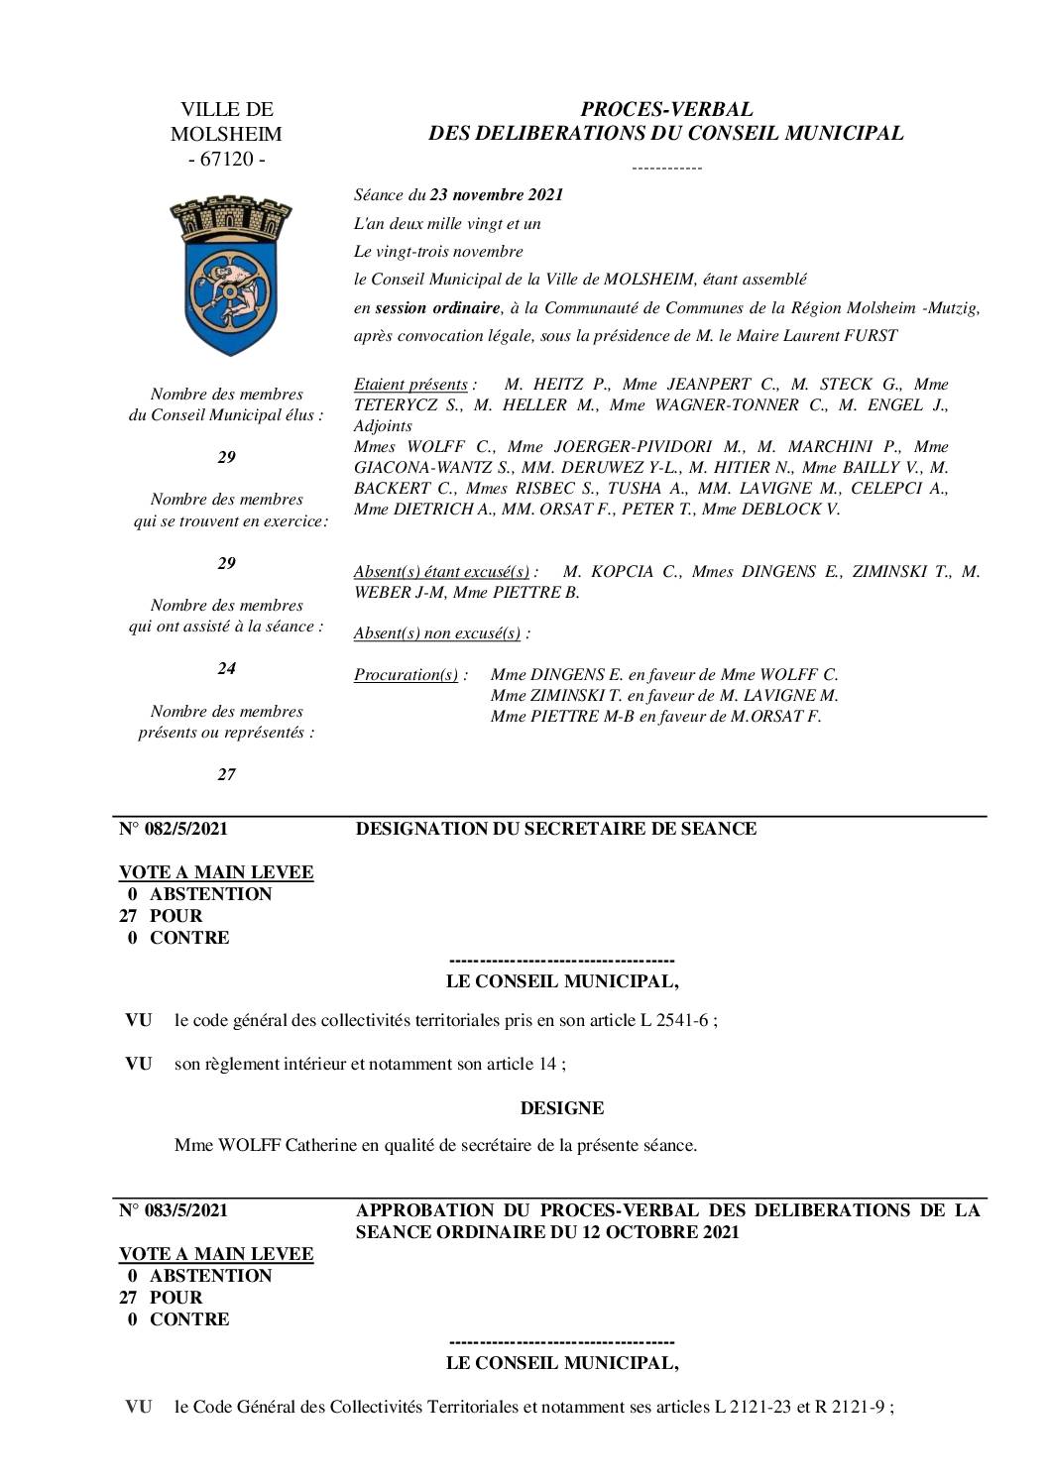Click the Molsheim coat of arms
[227, 276]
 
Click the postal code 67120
[227, 159]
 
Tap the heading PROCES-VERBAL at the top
[666, 109]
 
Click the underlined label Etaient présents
[410, 384]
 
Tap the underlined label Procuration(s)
[408, 675]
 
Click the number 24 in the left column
[227, 668]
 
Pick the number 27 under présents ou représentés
[227, 774]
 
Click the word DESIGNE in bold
[562, 1108]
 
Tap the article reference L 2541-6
[673, 1020]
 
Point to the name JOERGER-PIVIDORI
[633, 446]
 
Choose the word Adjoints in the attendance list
[383, 425]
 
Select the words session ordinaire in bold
[437, 307]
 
